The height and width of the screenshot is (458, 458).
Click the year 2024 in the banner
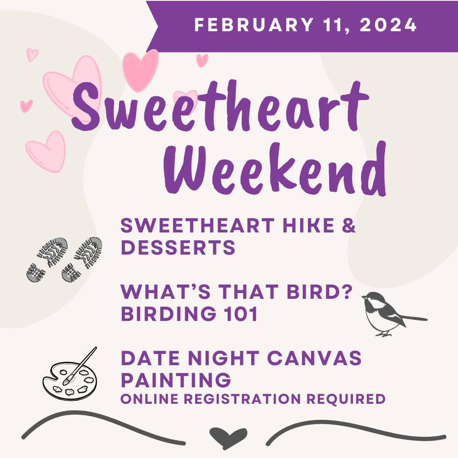[388, 25]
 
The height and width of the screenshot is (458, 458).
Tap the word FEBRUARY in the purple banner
[254, 25]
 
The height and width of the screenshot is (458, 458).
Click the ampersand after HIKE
[349, 226]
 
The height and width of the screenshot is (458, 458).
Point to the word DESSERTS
[178, 247]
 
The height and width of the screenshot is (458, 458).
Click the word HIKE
[308, 226]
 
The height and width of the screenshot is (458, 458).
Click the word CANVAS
[314, 358]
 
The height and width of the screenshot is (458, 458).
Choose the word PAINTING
[176, 380]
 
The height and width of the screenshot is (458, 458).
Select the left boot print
[47, 259]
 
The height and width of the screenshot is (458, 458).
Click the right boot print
[82, 259]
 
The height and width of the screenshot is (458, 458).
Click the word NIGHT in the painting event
[223, 358]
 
